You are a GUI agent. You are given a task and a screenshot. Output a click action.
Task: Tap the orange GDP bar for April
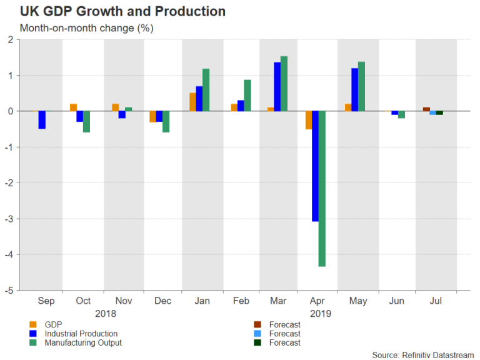tap(308, 120)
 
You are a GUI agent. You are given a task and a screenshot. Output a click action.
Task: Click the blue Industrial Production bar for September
tap(42, 120)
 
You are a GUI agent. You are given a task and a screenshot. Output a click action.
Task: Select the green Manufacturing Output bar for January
tap(206, 90)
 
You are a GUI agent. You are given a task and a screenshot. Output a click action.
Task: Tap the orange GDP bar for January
tap(192, 102)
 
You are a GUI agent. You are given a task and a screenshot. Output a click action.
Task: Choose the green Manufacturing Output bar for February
tap(247, 96)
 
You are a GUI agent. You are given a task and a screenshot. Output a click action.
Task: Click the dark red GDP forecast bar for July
tap(426, 109)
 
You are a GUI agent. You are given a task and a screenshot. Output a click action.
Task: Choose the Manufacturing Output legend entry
tap(82, 342)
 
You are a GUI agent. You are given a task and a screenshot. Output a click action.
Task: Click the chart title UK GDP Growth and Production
tap(122, 12)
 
